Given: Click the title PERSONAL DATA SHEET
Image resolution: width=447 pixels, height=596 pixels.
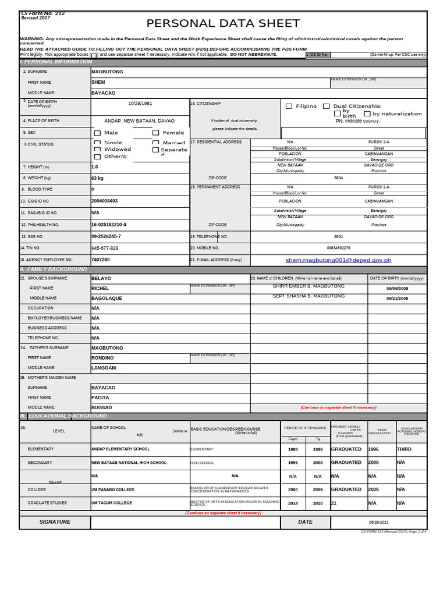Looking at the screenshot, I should [x=223, y=24].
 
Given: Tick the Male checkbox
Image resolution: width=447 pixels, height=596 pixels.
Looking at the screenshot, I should [x=97, y=133].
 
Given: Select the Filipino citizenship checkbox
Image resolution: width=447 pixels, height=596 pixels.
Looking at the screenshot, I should [x=289, y=107].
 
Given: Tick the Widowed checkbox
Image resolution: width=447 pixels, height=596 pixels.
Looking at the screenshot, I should [x=97, y=150].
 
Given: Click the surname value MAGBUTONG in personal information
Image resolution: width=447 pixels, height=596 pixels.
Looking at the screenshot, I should [x=107, y=72].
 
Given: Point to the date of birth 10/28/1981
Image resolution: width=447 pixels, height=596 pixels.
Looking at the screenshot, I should [x=140, y=104].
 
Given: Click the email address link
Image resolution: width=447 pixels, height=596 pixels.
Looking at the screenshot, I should [x=338, y=260].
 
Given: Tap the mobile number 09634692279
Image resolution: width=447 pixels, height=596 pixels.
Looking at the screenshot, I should [x=338, y=248].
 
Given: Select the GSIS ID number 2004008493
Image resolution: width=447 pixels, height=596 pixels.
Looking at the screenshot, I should [x=105, y=201].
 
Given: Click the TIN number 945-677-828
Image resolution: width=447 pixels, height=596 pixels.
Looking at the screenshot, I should [x=105, y=248].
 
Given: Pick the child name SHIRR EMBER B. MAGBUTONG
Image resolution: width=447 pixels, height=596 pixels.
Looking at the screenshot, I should [x=308, y=286].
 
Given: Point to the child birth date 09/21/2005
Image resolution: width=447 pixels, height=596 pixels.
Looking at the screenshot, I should [x=397, y=298].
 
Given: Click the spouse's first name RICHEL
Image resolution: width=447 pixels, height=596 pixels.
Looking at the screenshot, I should [x=100, y=289].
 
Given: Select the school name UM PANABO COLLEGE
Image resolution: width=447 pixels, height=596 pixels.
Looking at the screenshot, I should [x=113, y=489].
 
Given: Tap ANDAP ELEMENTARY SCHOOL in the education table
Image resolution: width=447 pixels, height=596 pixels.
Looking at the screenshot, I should [x=120, y=449].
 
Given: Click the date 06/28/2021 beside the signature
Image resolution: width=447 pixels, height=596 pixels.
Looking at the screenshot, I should [x=378, y=523].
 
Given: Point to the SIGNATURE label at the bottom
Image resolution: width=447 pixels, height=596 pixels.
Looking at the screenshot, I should [x=55, y=522].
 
